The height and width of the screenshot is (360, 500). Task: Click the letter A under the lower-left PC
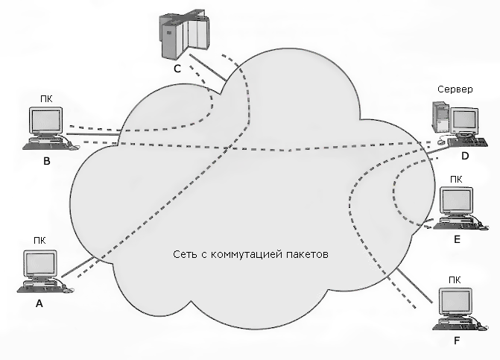click(40, 304)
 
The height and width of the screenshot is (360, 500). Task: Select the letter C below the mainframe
click(177, 68)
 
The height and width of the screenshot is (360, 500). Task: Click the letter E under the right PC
click(457, 240)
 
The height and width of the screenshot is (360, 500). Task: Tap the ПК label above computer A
click(39, 240)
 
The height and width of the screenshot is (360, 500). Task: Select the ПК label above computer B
click(46, 97)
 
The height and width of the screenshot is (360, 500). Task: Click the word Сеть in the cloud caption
click(184, 255)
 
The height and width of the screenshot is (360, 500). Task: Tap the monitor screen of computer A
click(40, 264)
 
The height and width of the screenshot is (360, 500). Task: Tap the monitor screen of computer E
click(458, 200)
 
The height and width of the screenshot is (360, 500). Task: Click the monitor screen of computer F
click(457, 301)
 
